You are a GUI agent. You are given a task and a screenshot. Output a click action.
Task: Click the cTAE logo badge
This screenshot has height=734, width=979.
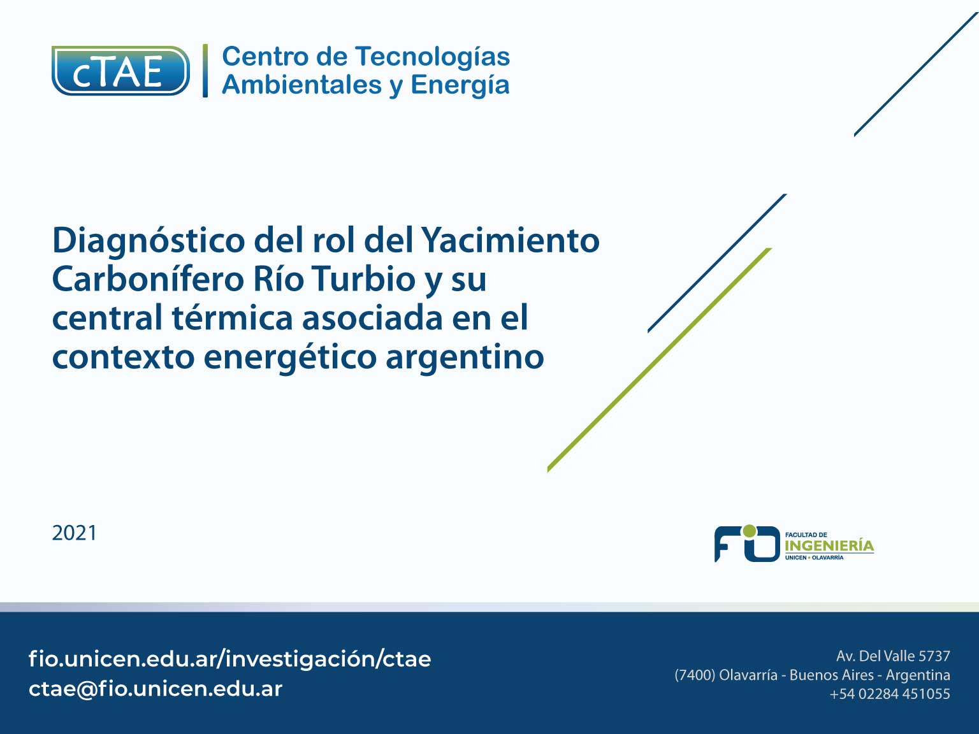(120, 71)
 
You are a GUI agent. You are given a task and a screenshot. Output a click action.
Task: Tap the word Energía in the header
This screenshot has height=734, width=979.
(460, 85)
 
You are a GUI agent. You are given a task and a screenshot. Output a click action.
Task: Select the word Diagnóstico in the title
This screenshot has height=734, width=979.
(149, 241)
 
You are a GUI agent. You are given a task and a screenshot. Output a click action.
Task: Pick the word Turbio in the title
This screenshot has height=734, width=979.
(363, 279)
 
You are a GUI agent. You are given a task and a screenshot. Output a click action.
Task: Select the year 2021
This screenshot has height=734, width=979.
(74, 533)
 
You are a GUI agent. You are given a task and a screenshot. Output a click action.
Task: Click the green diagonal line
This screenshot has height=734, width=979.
(659, 359)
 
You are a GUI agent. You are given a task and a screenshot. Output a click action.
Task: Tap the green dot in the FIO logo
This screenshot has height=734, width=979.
(750, 531)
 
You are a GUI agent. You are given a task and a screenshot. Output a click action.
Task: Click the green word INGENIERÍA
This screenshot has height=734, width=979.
(829, 545)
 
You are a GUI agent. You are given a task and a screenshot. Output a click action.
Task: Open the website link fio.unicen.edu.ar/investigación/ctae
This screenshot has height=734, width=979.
(229, 659)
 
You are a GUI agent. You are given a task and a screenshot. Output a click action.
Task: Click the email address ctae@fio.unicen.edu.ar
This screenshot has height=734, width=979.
(156, 689)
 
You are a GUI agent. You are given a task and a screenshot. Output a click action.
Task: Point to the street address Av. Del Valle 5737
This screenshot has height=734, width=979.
(893, 656)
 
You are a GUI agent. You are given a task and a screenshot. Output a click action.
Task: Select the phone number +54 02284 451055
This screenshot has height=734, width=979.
(890, 694)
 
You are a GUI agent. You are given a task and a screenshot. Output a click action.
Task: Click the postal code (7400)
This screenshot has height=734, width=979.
(695, 675)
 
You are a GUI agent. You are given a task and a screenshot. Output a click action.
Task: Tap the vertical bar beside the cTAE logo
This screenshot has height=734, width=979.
(205, 71)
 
